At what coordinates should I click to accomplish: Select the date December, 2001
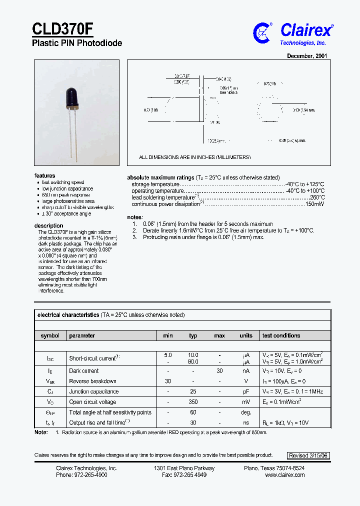click(307, 56)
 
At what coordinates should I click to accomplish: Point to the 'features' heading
click(44, 176)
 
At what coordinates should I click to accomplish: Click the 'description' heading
click(48, 225)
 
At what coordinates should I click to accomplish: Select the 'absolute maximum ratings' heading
click(160, 177)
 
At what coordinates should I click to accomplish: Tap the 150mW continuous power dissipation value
click(315, 204)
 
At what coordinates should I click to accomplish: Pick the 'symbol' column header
click(50, 335)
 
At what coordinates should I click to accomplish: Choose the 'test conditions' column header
click(281, 335)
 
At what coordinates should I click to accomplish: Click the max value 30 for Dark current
click(219, 371)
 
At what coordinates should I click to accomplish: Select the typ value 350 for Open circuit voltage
click(193, 402)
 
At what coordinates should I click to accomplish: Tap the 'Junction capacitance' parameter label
click(94, 391)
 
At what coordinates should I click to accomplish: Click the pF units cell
click(246, 391)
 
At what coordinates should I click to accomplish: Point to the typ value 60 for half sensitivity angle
click(193, 412)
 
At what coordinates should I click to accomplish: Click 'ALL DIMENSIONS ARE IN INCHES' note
click(194, 157)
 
